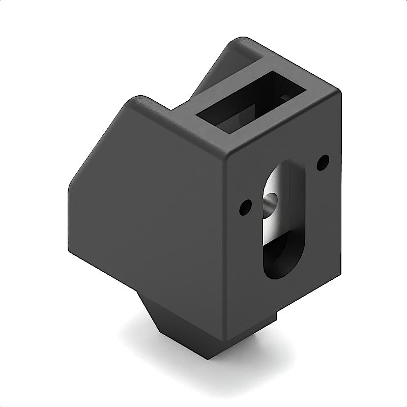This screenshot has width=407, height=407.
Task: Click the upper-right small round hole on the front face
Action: tap(322, 163)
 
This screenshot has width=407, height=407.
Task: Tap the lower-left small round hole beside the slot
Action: tap(246, 207)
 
